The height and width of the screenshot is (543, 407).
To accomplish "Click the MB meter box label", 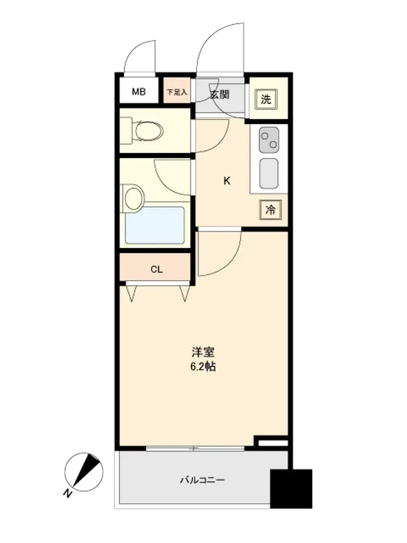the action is [138, 92].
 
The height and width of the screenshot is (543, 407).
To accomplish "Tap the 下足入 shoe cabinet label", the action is [177, 92].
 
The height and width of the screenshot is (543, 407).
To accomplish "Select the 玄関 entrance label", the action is [220, 94].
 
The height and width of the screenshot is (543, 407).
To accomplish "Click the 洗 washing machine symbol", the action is [266, 100].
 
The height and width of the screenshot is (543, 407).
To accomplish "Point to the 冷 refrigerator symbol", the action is [270, 210].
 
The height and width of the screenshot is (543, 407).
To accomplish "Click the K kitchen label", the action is [227, 181].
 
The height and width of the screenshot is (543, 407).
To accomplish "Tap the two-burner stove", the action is [269, 140].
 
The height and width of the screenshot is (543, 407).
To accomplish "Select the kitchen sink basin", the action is [269, 174].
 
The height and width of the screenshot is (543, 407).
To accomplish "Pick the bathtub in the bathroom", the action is [155, 225].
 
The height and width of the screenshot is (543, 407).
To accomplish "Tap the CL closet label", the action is [156, 269].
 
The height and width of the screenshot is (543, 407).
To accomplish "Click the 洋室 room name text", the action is [203, 352].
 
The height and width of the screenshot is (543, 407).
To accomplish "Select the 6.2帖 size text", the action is [203, 367].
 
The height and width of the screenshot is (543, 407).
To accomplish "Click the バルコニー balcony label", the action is [202, 480].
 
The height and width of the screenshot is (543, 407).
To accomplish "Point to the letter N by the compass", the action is [68, 493].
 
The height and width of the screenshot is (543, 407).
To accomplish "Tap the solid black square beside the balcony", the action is [291, 489].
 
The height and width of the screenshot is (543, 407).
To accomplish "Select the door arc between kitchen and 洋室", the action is [233, 262].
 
